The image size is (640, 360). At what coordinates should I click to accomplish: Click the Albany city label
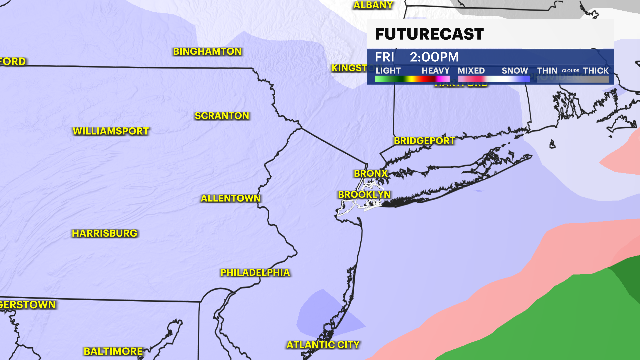click(x=373, y=5)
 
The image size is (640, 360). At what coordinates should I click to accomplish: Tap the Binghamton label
click(x=207, y=51)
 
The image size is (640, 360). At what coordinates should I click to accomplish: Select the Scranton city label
click(x=222, y=116)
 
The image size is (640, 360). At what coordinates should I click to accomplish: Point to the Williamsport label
click(x=111, y=131)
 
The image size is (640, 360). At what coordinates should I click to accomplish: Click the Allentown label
click(x=230, y=198)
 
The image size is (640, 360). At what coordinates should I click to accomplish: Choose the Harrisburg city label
click(x=105, y=233)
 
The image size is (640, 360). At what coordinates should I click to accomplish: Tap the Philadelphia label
click(x=255, y=273)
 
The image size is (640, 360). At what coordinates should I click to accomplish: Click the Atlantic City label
click(x=323, y=345)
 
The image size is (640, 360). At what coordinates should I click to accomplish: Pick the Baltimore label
click(x=113, y=351)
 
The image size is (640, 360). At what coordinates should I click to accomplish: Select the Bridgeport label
click(x=424, y=141)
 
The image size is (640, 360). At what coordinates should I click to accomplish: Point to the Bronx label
click(x=371, y=173)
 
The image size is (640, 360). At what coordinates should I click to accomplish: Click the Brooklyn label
click(x=364, y=195)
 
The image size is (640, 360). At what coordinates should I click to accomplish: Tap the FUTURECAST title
click(x=429, y=34)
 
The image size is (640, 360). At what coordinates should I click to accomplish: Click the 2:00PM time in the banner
click(x=434, y=57)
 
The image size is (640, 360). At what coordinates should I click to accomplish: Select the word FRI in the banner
click(x=384, y=57)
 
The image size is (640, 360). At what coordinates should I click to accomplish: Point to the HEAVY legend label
click(x=435, y=71)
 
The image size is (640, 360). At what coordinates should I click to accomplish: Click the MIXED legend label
click(x=471, y=71)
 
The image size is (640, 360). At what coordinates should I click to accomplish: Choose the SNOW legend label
click(x=515, y=71)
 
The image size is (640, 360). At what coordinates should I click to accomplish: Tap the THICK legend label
click(x=596, y=71)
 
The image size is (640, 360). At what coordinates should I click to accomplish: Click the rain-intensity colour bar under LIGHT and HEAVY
click(x=412, y=79)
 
